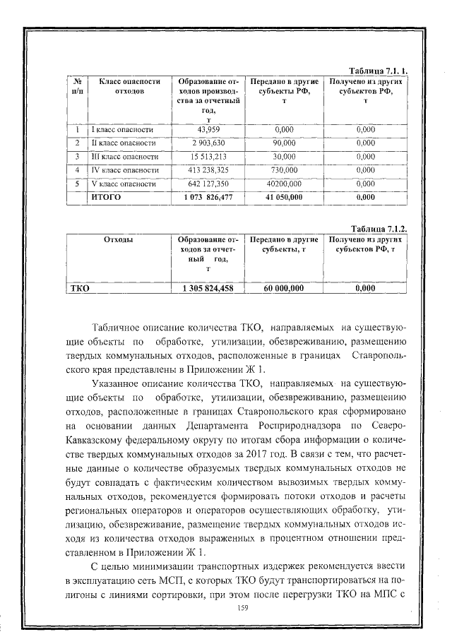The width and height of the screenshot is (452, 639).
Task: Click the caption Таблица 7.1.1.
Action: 380,72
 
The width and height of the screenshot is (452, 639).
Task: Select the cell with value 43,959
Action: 209,129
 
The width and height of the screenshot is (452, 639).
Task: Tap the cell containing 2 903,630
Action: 209,143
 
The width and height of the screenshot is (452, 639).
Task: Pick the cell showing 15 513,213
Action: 209,156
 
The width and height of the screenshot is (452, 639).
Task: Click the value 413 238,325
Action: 209,170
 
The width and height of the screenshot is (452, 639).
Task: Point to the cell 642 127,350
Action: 209,184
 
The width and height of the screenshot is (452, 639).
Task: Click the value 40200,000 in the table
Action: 284,184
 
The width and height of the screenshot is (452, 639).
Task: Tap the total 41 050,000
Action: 284,197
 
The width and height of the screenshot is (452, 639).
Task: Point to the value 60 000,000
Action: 284,287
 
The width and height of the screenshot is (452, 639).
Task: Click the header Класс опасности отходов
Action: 125,87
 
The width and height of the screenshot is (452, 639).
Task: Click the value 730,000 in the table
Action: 284,170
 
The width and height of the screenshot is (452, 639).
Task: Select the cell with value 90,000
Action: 284,143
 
